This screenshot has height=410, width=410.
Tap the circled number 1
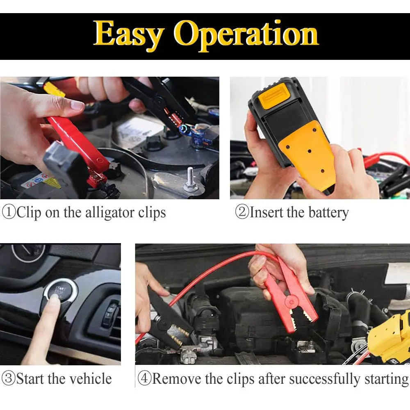click(9, 212)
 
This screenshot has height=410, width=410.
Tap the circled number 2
click(242, 212)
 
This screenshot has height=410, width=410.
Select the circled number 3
click(9, 378)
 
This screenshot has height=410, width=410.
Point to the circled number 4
click(144, 378)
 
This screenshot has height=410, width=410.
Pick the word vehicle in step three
click(89, 378)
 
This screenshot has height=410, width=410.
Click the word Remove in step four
click(177, 378)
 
